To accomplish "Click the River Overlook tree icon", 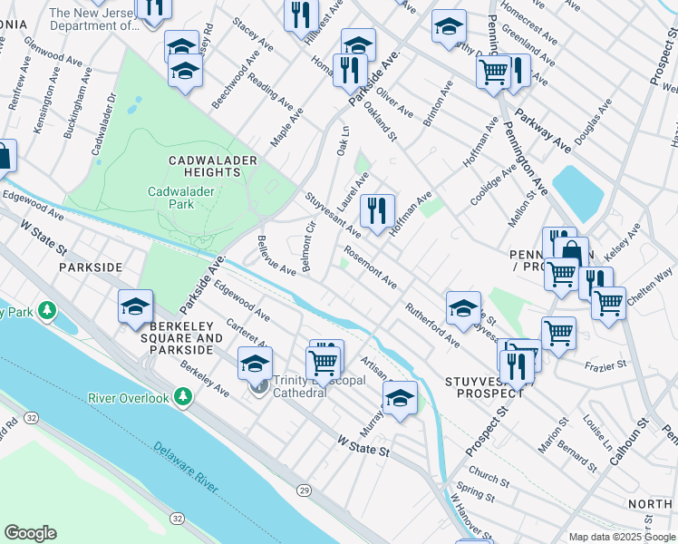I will point(183,397).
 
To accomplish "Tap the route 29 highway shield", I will point(303,491).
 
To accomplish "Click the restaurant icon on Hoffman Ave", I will point(376,211).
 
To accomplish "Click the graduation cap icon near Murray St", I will point(399,397).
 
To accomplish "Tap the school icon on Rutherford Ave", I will point(462,306).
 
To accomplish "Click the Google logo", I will point(30,533).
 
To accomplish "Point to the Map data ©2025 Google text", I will point(622,537).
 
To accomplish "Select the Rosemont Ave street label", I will point(370,269).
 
